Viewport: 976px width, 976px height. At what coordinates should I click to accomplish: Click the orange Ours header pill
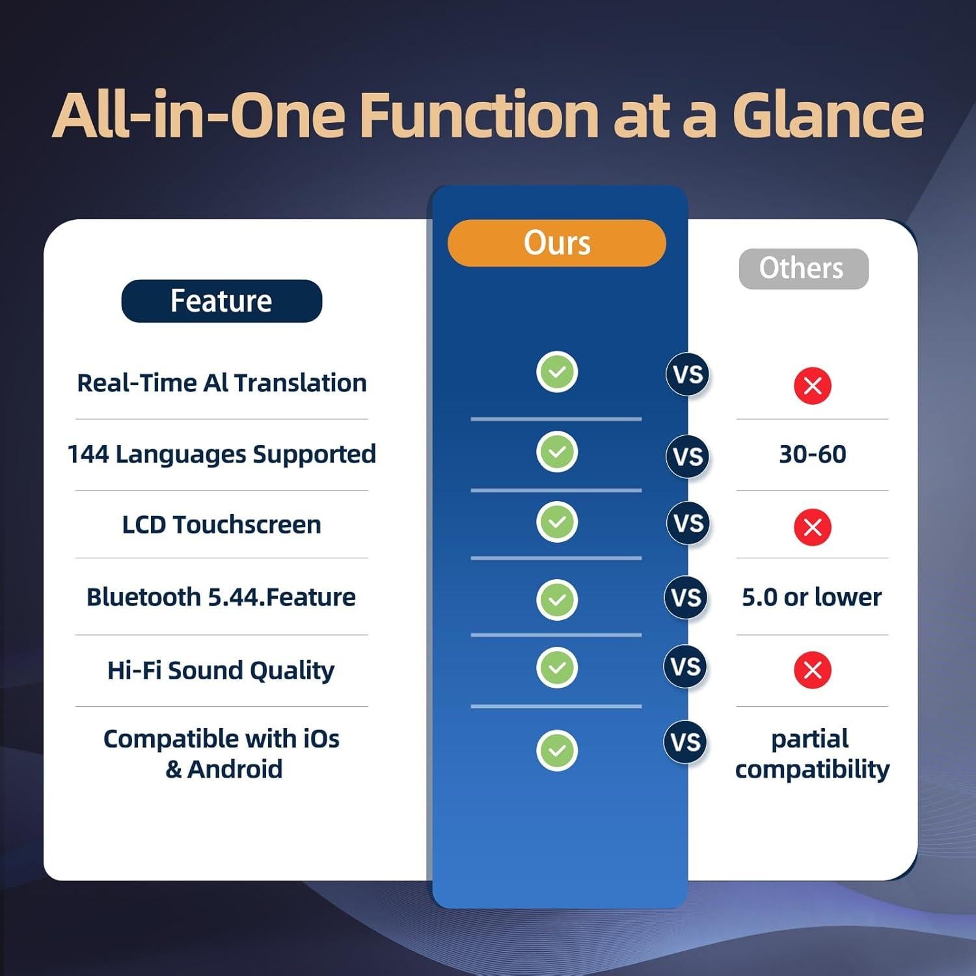557,243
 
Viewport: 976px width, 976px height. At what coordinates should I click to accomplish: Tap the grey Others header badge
804,269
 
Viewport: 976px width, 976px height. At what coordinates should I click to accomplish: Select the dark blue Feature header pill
221,301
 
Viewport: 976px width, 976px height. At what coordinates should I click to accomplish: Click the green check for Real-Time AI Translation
557,372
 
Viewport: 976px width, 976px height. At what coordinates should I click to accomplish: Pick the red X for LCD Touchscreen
812,526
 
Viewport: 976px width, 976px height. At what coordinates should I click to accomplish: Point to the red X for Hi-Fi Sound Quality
812,670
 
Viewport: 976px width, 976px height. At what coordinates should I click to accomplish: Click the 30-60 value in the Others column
813,454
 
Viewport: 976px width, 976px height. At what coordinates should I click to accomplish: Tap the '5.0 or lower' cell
811,597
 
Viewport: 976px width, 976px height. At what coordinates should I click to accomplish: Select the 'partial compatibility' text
812,754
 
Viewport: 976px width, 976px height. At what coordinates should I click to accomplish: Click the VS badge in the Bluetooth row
686,598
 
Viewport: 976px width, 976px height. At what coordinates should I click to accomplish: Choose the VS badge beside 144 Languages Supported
688,456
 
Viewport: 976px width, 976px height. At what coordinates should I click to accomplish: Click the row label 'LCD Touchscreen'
221,524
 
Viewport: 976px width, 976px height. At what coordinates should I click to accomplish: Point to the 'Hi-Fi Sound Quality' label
221,670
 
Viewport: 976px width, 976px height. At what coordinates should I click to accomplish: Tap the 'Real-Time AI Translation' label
222,383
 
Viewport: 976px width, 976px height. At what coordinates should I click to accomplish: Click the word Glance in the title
828,115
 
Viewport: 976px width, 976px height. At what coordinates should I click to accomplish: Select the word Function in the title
479,115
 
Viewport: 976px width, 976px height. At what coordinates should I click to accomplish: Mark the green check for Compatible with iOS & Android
557,750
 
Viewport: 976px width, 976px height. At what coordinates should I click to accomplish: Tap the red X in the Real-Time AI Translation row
812,385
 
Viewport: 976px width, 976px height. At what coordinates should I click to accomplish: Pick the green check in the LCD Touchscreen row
557,521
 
